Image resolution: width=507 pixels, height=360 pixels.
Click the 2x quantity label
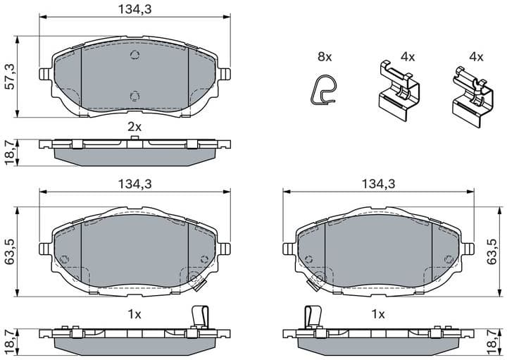[x=134, y=127]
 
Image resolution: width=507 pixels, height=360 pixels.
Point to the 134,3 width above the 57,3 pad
[x=134, y=9]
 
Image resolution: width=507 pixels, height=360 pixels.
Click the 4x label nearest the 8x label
[x=408, y=56]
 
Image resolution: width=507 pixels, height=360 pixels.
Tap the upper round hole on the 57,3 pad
[x=135, y=58]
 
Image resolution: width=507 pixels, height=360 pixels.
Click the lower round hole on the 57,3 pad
[x=134, y=96]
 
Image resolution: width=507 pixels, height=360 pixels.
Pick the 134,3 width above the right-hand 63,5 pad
[x=377, y=183]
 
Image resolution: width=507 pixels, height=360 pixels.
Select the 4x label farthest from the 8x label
[x=476, y=56]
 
